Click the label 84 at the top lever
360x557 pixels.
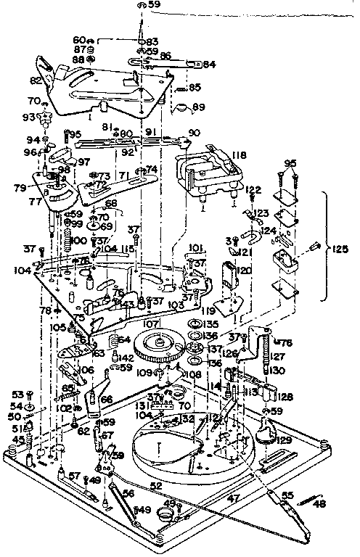coord(209,65)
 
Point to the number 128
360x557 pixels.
coord(284,397)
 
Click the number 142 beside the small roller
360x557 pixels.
coord(126,358)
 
